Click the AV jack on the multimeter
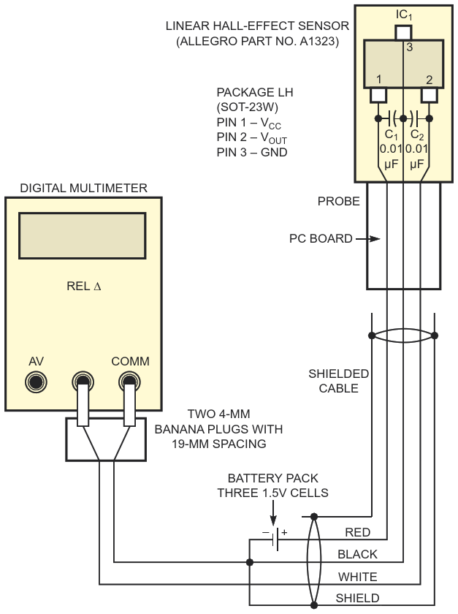(x=35, y=382)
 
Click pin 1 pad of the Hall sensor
(x=378, y=95)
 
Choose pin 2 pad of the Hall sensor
(x=429, y=95)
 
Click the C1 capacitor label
(x=391, y=135)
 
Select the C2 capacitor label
(x=417, y=135)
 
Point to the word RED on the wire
(x=357, y=533)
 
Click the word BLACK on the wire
(x=357, y=555)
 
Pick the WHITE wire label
(x=357, y=577)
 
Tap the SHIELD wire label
(x=357, y=598)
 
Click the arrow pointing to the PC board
(x=369, y=238)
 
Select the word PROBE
(x=339, y=201)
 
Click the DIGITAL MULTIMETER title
(x=83, y=188)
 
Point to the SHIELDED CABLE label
(x=338, y=381)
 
